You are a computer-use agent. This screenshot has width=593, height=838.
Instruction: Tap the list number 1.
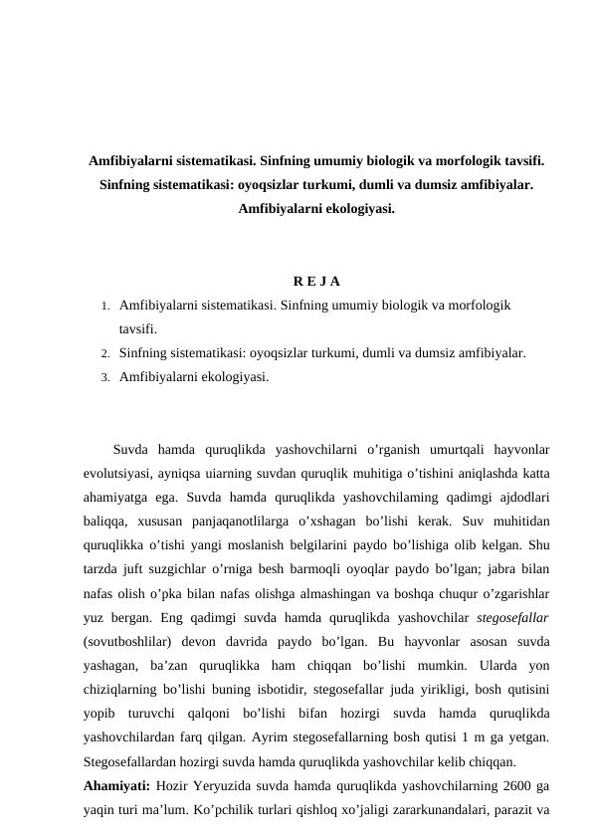click(x=104, y=306)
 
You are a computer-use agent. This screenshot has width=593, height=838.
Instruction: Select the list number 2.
click(x=104, y=352)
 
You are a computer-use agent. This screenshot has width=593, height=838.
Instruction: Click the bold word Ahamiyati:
click(x=117, y=786)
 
